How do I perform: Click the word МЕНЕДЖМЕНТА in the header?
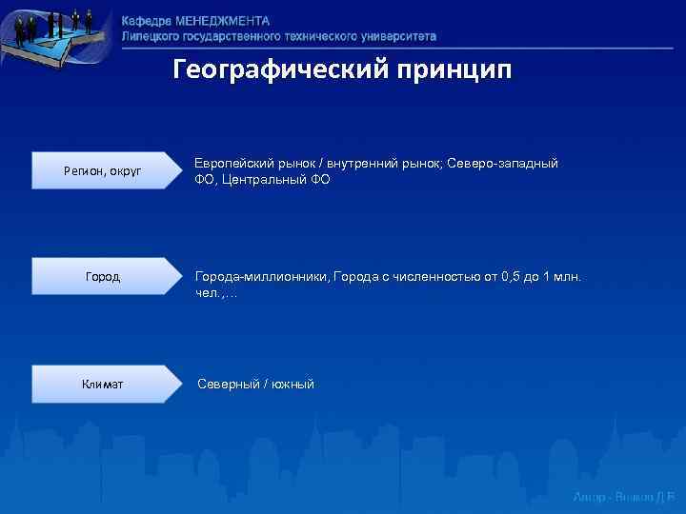pos(222,21)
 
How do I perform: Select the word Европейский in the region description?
pos(233,164)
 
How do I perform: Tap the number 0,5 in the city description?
pos(514,277)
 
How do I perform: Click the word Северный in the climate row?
pos(228,385)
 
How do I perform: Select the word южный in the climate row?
pos(293,385)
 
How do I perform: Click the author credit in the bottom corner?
pos(623,497)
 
